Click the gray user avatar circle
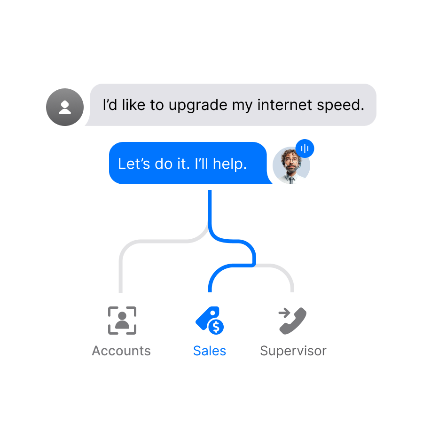[65, 107]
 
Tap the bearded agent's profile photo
[291, 165]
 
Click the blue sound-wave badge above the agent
[305, 149]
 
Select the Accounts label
[121, 351]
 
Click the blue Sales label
[210, 351]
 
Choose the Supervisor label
[293, 351]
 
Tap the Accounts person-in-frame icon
[122, 321]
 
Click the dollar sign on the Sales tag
[216, 326]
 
